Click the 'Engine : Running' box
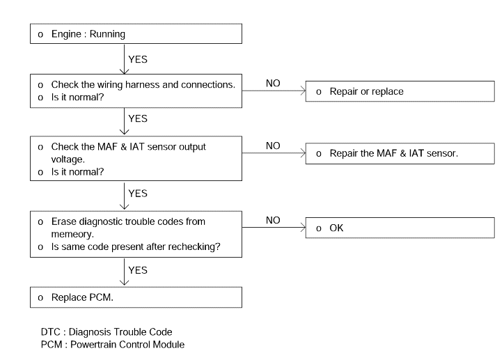(x=136, y=33)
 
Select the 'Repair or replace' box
(x=400, y=91)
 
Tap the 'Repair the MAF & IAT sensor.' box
(x=400, y=153)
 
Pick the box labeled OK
(x=400, y=228)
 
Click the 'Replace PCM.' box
(x=136, y=297)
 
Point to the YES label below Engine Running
(x=138, y=59)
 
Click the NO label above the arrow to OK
(x=273, y=220)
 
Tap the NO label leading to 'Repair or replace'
(x=273, y=84)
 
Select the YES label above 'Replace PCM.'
(x=138, y=270)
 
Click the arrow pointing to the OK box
(x=274, y=228)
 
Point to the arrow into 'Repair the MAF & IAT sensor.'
(x=274, y=153)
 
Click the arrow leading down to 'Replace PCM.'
(x=124, y=272)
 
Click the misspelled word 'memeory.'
(x=72, y=235)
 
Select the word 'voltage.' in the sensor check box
(x=68, y=159)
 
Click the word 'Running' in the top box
(x=107, y=34)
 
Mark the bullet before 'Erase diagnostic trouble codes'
(x=40, y=222)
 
